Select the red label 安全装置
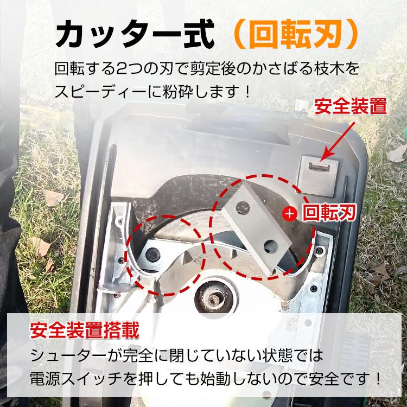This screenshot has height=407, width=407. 351,106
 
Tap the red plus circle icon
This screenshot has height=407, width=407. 290,213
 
